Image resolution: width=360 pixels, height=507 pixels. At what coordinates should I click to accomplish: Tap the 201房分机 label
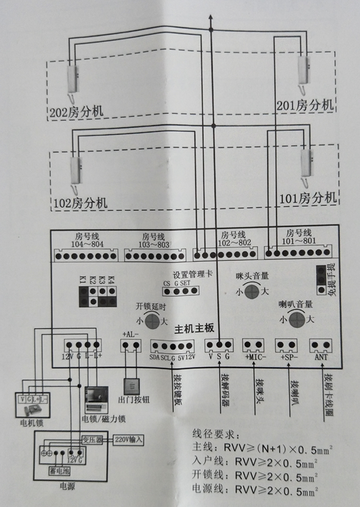coord(305,105)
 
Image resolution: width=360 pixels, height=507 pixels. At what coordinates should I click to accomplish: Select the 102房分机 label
coord(80,202)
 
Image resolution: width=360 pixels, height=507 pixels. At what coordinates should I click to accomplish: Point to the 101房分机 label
coord(309,198)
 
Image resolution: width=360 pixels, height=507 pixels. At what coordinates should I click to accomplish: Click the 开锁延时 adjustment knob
coord(152,322)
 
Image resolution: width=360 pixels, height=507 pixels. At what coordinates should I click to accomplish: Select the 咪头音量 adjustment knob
coord(251,292)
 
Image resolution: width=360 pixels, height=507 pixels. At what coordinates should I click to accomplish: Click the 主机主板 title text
coord(194,329)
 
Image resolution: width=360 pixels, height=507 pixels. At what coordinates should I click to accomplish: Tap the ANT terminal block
coord(321,345)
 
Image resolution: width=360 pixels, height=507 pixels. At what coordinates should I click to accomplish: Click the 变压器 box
coord(93,440)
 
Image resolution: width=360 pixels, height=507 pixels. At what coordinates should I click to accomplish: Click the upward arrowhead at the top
coord(210,16)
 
